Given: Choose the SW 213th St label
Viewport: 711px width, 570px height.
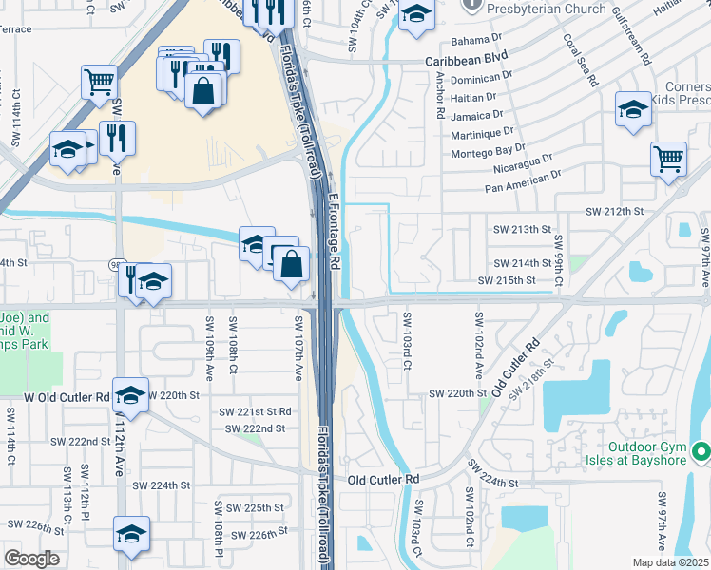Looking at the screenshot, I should tap(522, 230).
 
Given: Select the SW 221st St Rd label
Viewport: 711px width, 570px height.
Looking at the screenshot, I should tap(255, 411).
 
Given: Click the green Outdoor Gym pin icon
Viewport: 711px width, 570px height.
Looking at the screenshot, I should tap(701, 449).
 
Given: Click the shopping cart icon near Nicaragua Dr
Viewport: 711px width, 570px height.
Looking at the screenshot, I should tap(668, 158).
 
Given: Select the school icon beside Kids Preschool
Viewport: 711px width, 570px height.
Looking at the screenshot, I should tap(633, 108).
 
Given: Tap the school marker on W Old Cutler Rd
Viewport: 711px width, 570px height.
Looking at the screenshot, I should tap(131, 392).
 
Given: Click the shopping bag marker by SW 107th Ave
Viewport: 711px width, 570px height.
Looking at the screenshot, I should tap(292, 262).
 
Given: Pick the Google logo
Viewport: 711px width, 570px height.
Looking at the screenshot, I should tap(31, 558).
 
